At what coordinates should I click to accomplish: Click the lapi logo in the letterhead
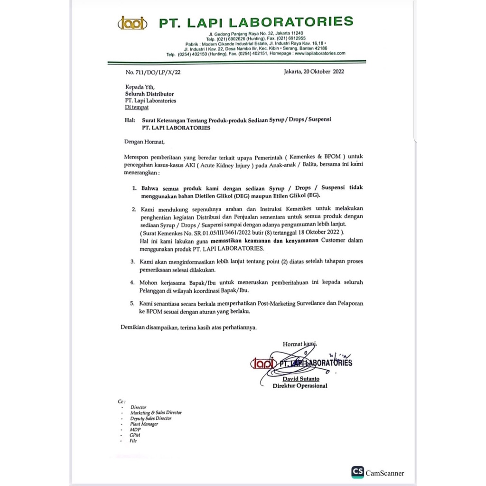point(132,23)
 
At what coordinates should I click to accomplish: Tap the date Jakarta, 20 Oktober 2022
point(313,72)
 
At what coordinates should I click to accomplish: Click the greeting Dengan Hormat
point(145,141)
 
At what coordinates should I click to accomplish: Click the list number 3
point(133,262)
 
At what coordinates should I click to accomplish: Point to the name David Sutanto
point(301,379)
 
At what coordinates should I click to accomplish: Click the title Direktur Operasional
point(300,386)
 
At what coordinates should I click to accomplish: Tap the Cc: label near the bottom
point(121,402)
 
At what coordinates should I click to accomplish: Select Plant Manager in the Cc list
point(144,424)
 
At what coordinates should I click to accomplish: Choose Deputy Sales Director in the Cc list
point(151,418)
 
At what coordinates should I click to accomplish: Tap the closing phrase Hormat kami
point(299,344)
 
